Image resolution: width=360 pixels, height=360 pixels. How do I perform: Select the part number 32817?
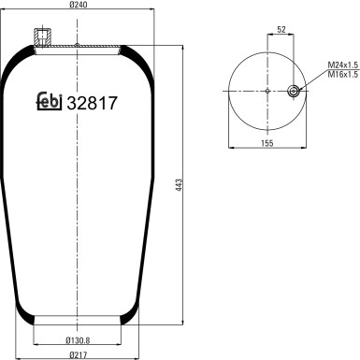pos(91,103)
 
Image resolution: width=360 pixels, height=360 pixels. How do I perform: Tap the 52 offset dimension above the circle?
pos(280,30)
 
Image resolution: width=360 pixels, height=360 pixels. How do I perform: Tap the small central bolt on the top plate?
pos(77,43)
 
